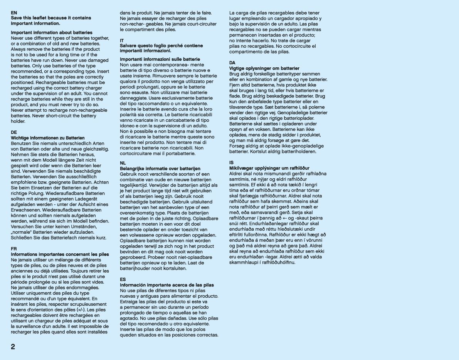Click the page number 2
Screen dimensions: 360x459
(x=13, y=347)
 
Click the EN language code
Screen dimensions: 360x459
(x=14, y=13)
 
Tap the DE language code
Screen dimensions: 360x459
(x=14, y=132)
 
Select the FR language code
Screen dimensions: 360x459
(x=14, y=249)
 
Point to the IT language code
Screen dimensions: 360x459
(x=122, y=40)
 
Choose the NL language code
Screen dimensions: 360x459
(x=123, y=163)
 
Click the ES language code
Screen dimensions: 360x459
(x=123, y=279)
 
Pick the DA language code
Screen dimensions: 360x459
(x=232, y=62)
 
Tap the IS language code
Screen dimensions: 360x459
(x=231, y=162)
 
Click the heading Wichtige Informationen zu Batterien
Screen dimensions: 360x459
(x=47, y=138)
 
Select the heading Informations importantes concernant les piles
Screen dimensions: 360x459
(x=60, y=255)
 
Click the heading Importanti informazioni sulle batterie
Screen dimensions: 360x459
(x=160, y=59)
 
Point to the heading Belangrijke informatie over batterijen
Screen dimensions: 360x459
(x=160, y=169)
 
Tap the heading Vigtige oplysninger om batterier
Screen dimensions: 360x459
(x=264, y=68)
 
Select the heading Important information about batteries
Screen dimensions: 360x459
(x=52, y=32)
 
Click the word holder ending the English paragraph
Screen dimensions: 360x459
(x=18, y=121)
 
